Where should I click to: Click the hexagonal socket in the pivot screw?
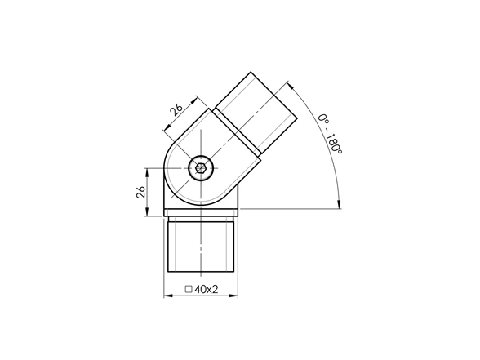[x=201, y=168]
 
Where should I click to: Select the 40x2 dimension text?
[x=206, y=289]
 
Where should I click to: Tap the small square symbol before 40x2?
[x=189, y=289]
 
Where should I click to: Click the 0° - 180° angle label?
[x=330, y=134]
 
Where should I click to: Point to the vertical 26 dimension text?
[x=140, y=192]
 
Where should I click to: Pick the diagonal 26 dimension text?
[x=176, y=109]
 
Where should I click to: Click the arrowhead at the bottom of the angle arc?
[x=339, y=204]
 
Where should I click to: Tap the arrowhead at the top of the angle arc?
[x=291, y=86]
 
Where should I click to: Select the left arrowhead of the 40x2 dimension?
[x=168, y=296]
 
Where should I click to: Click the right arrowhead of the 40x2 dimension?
[x=233, y=296]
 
